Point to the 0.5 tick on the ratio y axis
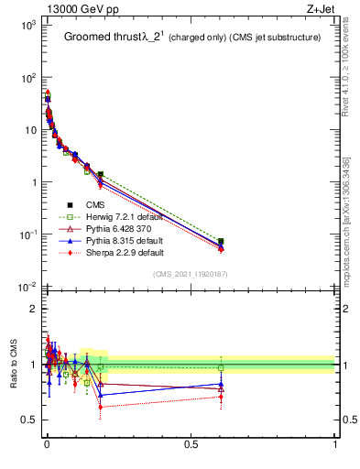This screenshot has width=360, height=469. click(29, 420)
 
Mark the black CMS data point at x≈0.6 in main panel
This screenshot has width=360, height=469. click(221, 242)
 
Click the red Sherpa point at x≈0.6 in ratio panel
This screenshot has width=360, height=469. click(221, 397)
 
